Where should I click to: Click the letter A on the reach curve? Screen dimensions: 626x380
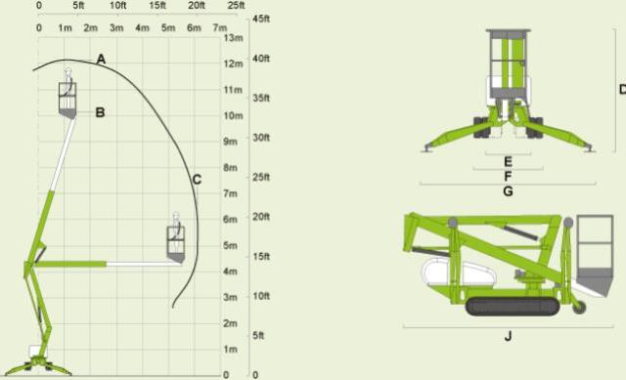(101, 59)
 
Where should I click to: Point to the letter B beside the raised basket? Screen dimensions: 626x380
(100, 112)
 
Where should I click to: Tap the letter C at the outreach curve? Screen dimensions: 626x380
(197, 180)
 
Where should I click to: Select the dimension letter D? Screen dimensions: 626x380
(622, 89)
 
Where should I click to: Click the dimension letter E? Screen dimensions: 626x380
(508, 161)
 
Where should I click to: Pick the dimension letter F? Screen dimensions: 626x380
(508, 176)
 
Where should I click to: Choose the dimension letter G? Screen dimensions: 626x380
(508, 191)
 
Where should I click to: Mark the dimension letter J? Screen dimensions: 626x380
(508, 336)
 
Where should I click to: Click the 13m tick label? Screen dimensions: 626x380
(233, 38)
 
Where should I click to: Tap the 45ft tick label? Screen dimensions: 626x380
(261, 19)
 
